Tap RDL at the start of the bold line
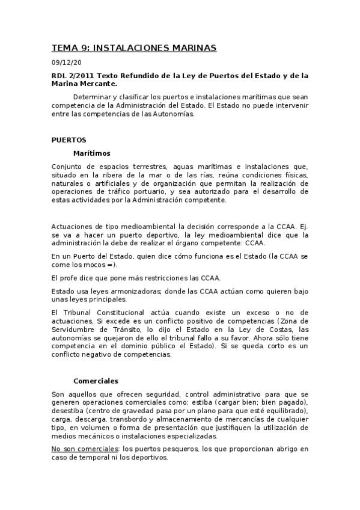59,76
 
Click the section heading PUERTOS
69,140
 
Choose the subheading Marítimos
91,153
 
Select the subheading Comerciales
96,381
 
